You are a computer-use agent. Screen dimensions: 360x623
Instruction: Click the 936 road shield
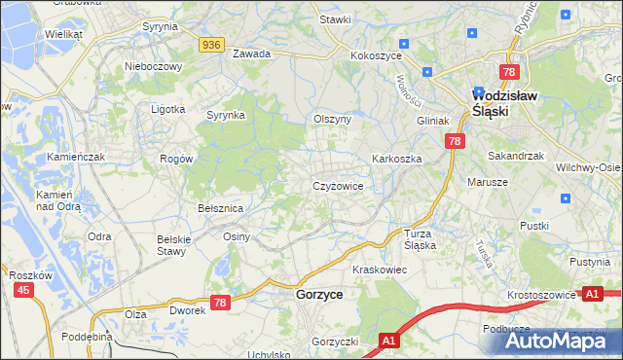(213, 45)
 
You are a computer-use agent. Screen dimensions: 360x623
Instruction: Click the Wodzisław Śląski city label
(504, 103)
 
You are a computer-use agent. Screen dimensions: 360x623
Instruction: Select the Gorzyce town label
(318, 294)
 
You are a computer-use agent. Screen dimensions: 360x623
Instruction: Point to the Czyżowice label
(338, 186)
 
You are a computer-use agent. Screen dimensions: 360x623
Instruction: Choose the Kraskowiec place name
(379, 269)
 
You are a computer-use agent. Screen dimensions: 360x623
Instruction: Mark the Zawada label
(251, 54)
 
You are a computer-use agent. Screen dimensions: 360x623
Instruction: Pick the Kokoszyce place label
(377, 56)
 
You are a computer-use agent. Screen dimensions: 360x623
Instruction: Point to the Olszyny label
(331, 118)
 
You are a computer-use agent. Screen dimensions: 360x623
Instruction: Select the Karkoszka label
(395, 158)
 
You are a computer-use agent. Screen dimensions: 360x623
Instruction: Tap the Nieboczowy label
(154, 66)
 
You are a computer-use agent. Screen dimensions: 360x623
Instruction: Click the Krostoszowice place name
(540, 293)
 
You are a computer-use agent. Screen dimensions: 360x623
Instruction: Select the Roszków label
(29, 275)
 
